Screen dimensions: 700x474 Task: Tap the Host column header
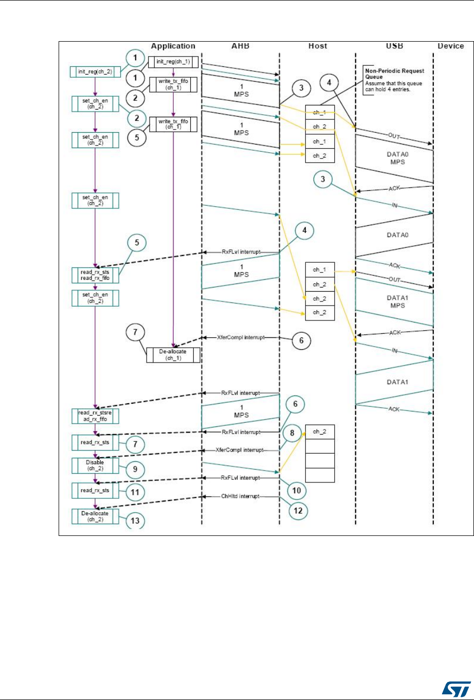[317, 46]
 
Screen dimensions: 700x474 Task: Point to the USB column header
[393, 46]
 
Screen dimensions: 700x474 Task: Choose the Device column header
[450, 46]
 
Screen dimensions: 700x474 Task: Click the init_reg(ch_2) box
[95, 71]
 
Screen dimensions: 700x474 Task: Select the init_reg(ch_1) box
[173, 62]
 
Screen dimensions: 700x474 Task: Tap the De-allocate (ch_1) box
[173, 355]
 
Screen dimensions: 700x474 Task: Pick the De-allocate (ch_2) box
[95, 516]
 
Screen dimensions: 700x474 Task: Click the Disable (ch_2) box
[95, 465]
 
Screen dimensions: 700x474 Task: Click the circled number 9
[135, 469]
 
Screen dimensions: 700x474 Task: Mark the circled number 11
[135, 492]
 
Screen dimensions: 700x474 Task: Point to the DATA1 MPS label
[393, 300]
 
